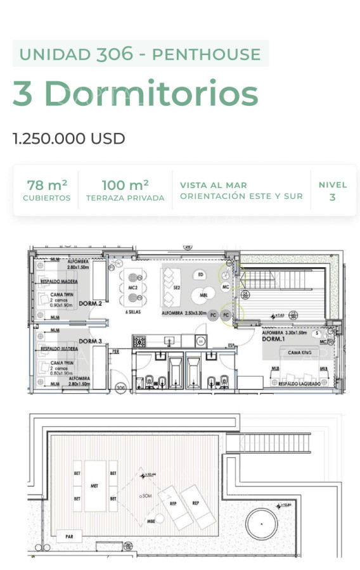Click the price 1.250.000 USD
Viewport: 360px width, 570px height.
click(69, 139)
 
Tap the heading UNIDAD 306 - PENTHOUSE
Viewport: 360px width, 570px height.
click(140, 54)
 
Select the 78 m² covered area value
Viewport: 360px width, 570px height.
click(47, 186)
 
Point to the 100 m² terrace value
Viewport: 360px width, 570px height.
click(125, 186)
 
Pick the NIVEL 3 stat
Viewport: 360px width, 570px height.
click(332, 191)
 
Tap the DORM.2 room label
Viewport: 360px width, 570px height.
click(91, 304)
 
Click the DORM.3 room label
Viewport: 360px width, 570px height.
click(91, 341)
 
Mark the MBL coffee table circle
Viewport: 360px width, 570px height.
click(203, 295)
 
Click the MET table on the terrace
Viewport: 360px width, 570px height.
click(94, 486)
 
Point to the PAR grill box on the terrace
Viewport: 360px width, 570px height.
click(69, 536)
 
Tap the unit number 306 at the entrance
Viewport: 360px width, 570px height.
click(119, 388)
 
